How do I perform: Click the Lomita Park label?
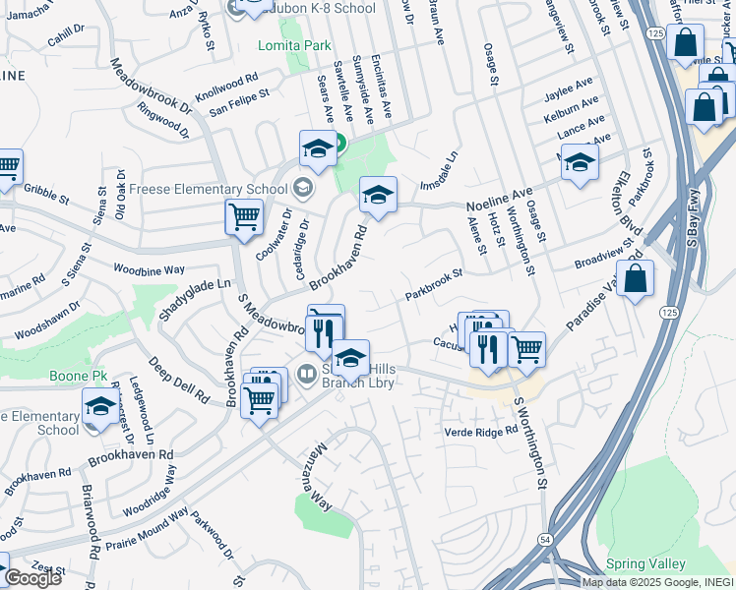pos(294,45)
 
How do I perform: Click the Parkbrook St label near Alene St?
pos(433,284)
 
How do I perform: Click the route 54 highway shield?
pos(544,540)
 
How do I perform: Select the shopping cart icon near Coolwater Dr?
pos(243,216)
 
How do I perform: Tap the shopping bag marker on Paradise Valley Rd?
pos(637,278)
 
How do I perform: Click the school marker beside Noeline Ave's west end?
pos(377,194)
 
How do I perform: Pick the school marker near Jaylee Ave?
pos(580,161)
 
